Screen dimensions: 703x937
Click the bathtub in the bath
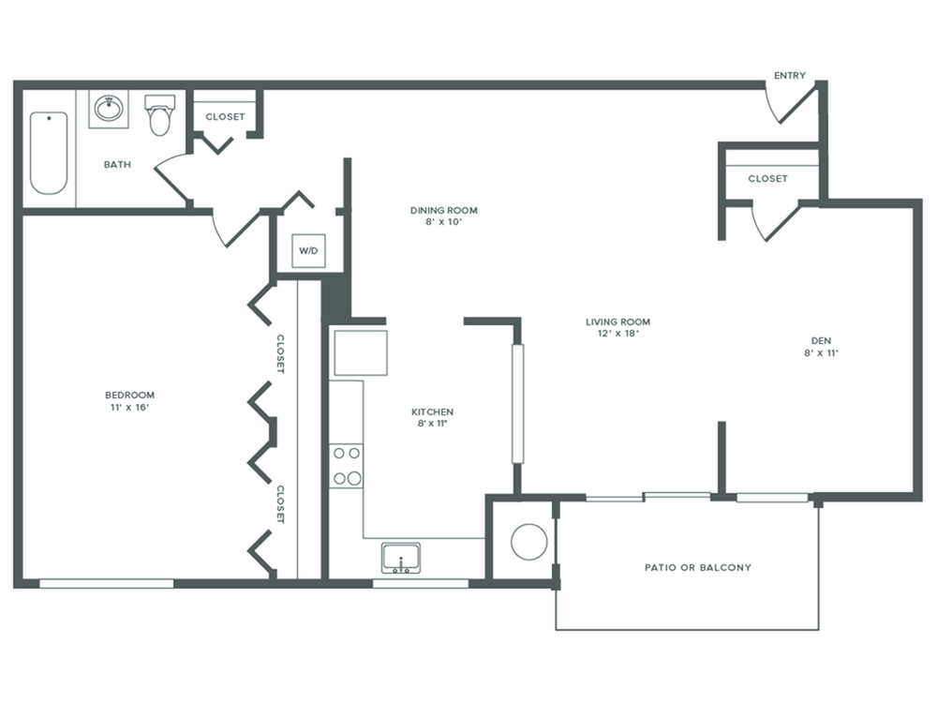(49, 153)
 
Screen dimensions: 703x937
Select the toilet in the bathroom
(160, 114)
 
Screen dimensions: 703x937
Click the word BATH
(117, 165)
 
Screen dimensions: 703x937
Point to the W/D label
(307, 250)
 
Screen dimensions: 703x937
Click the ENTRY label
(789, 76)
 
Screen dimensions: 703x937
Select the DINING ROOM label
(437, 210)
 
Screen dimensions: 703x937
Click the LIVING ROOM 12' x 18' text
(617, 327)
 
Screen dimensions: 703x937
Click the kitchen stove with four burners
(347, 466)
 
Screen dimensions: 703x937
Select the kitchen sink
(401, 558)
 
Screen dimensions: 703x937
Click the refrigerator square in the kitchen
(361, 352)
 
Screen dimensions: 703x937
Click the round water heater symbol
(528, 542)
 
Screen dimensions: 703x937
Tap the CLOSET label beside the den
(767, 178)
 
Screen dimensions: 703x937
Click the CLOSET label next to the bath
(225, 117)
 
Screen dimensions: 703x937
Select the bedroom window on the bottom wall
(106, 583)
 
